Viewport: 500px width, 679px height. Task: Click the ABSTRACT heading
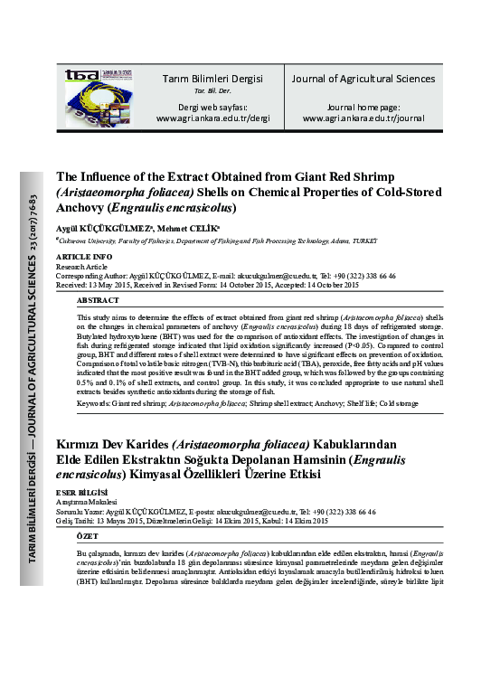pos(98,299)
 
